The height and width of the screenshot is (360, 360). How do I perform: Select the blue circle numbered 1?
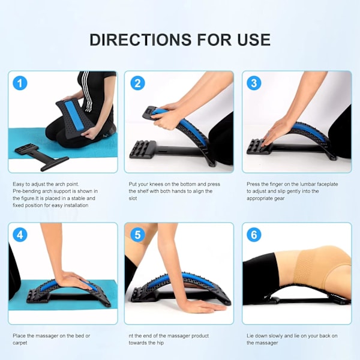point(20,83)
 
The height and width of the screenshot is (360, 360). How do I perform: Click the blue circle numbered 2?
point(137,83)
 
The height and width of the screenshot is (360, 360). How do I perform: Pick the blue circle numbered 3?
point(254,83)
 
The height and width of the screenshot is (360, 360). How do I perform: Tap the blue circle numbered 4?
point(20,235)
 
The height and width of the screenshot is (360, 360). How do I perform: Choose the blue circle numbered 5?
point(137,235)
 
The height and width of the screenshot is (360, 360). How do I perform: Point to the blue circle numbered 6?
point(254,235)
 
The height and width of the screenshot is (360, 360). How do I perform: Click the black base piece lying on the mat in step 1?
point(41,157)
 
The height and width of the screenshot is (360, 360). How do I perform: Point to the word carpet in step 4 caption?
point(20,343)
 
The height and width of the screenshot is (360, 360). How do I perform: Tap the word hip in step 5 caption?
point(160,343)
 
